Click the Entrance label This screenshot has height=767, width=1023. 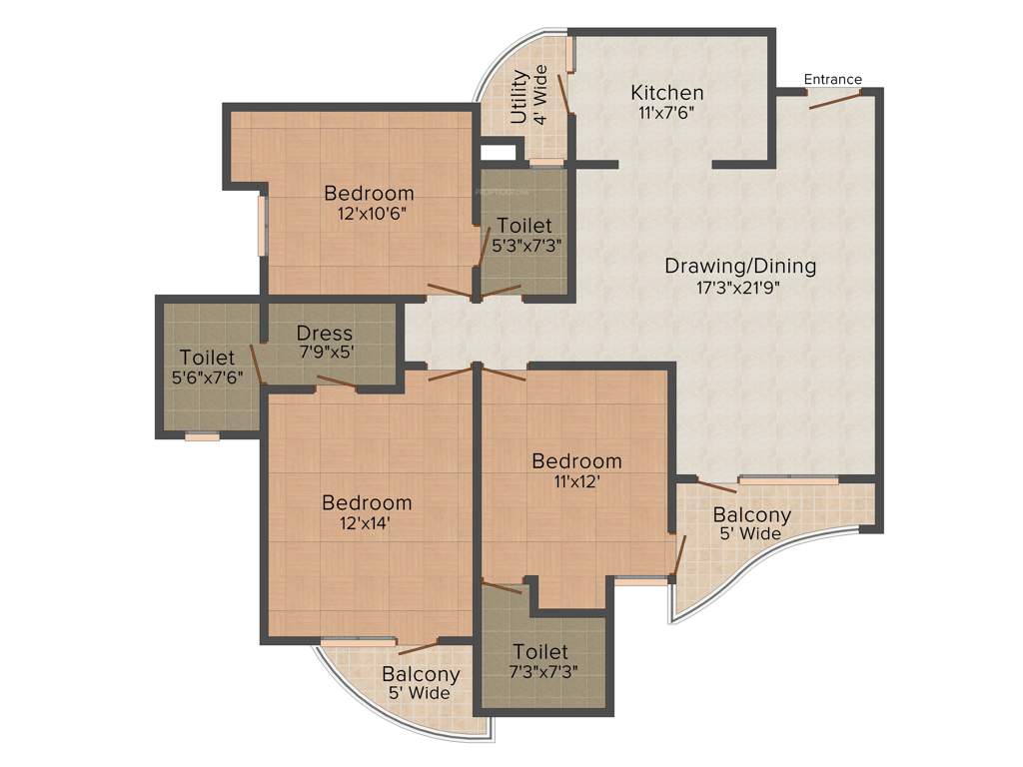click(x=833, y=80)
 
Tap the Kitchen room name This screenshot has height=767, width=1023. click(x=666, y=93)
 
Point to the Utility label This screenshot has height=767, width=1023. click(x=518, y=97)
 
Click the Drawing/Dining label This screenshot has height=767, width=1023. click(x=740, y=267)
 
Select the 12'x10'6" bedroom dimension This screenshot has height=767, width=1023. click(x=369, y=212)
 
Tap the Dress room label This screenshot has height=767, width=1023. click(x=325, y=334)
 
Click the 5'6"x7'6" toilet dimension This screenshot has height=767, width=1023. click(x=207, y=377)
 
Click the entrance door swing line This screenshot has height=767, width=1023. click(x=835, y=99)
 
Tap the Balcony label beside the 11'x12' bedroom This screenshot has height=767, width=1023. click(x=751, y=515)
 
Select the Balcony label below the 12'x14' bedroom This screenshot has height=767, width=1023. click(x=421, y=675)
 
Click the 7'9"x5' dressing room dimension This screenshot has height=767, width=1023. click(x=325, y=352)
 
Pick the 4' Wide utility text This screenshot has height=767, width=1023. click(x=540, y=95)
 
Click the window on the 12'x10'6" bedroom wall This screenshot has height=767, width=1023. click(x=263, y=225)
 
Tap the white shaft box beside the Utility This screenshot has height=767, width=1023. click(x=498, y=153)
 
